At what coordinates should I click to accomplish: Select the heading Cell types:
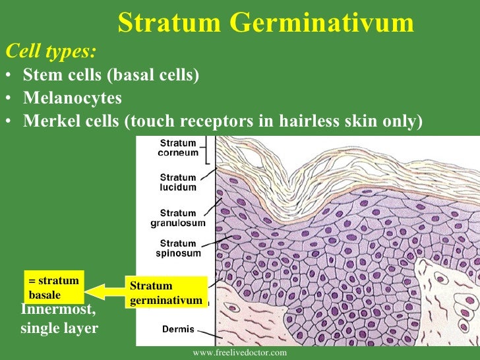[x=50, y=51]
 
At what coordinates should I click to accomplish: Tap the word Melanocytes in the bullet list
[x=73, y=98]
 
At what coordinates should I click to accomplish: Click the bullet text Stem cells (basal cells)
[x=111, y=75]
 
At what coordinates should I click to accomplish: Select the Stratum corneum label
[x=178, y=148]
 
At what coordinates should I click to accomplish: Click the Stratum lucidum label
[x=178, y=182]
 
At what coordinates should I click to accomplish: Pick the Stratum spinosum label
[x=178, y=248]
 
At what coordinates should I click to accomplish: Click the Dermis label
[x=178, y=328]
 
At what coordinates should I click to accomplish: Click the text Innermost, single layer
[x=59, y=318]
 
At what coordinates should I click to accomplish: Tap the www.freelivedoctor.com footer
[x=240, y=353]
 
